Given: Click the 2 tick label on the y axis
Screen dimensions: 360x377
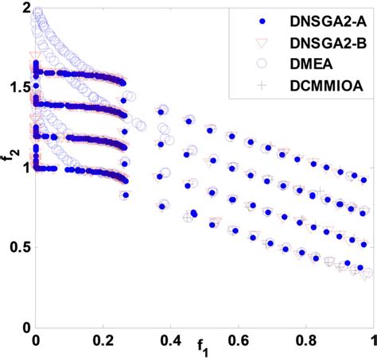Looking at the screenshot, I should pyautogui.click(x=25, y=9).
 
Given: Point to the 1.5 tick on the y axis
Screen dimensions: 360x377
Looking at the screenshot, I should pyautogui.click(x=19, y=87).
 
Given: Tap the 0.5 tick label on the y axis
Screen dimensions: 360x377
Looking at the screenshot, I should pyautogui.click(x=19, y=247).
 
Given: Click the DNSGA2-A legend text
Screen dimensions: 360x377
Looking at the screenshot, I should pyautogui.click(x=318, y=19).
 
